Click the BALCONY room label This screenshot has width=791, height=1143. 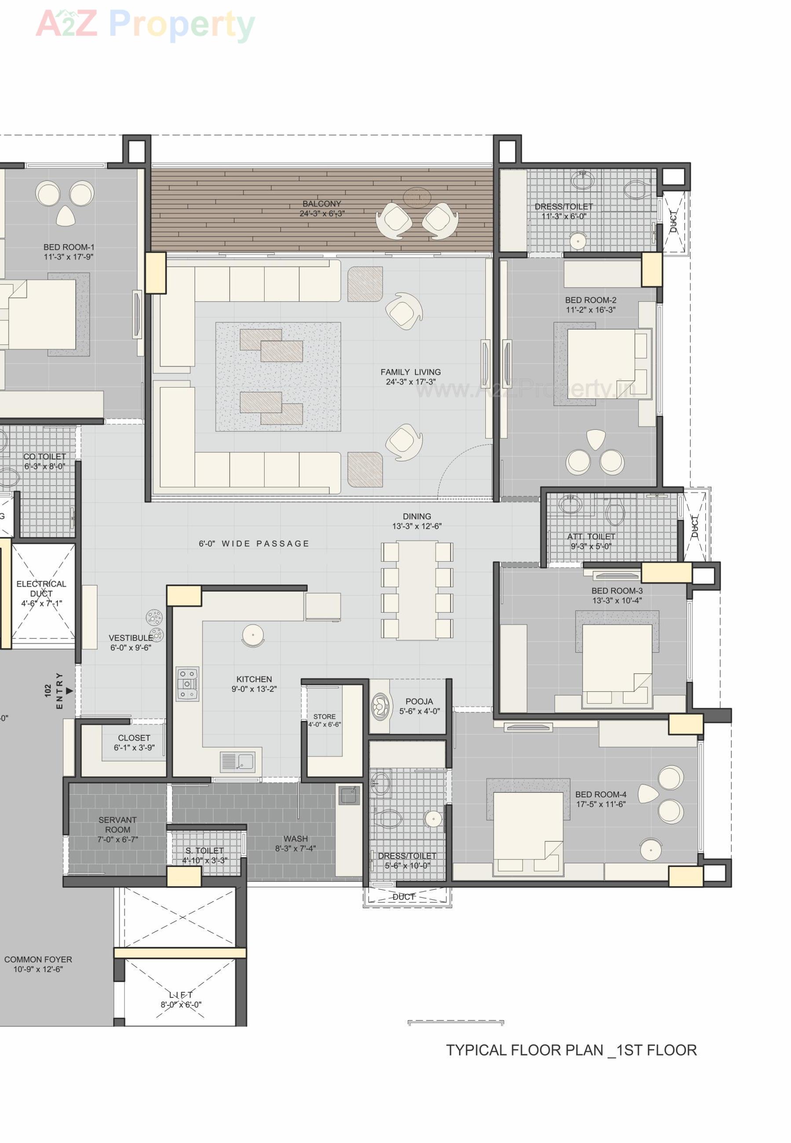pyautogui.click(x=322, y=204)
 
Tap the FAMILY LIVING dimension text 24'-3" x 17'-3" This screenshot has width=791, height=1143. pyautogui.click(x=410, y=382)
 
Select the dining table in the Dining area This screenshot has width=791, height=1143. pyautogui.click(x=417, y=590)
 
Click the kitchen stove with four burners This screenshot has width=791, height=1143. pyautogui.click(x=187, y=684)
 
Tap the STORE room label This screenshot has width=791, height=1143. pyautogui.click(x=324, y=717)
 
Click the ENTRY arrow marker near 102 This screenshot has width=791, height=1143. pyautogui.click(x=69, y=691)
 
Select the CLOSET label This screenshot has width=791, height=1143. pyautogui.click(x=134, y=738)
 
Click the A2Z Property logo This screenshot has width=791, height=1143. pyautogui.click(x=145, y=24)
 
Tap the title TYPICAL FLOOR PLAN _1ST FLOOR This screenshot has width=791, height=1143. pyautogui.click(x=571, y=1050)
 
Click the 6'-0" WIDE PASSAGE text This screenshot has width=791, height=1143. pyautogui.click(x=254, y=543)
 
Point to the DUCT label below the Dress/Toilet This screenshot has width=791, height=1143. pyautogui.click(x=404, y=897)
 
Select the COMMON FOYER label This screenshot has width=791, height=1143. pyautogui.click(x=38, y=959)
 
